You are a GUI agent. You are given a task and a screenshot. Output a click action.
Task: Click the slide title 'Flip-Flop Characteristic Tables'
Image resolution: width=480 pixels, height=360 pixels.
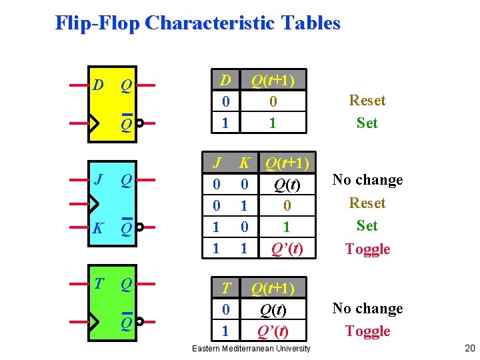tap(197, 23)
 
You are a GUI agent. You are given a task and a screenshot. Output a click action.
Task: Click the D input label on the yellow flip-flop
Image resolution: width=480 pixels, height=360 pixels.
tap(98, 85)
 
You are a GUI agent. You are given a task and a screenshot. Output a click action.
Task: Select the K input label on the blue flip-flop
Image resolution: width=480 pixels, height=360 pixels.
tap(98, 229)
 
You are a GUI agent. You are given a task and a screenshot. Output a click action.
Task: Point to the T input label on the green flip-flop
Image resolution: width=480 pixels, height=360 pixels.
tap(99, 284)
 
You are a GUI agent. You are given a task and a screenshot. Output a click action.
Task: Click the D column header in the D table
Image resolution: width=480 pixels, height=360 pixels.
tap(226, 80)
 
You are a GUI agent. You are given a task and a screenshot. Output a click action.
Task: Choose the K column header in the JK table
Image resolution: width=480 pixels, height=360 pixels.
tap(245, 163)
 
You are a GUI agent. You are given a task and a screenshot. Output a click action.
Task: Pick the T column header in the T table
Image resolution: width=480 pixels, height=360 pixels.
tap(226, 288)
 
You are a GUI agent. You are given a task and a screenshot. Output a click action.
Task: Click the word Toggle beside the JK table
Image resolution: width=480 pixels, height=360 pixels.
tap(367, 249)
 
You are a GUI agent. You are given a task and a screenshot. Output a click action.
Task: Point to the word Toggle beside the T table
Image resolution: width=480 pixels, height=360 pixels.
tap(367, 331)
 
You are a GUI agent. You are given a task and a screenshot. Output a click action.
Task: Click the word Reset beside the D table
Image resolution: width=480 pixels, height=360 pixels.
tap(367, 101)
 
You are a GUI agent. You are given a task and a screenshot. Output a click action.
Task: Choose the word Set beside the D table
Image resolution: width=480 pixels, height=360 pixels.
tap(367, 123)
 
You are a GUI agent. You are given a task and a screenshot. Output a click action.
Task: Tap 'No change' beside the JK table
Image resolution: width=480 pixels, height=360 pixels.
tap(367, 180)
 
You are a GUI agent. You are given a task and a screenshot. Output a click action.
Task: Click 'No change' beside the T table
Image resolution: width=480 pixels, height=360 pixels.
tap(367, 309)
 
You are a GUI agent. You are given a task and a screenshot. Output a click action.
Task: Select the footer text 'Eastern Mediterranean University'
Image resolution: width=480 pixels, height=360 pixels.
tap(251, 349)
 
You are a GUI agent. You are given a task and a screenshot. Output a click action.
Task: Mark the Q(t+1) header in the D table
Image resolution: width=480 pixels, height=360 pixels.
tap(272, 80)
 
